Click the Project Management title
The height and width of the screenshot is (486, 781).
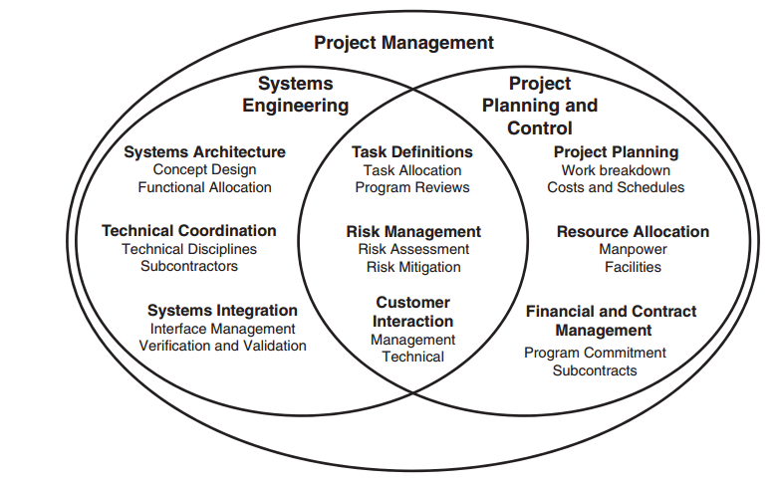(x=403, y=43)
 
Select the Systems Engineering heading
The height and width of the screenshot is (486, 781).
(x=295, y=95)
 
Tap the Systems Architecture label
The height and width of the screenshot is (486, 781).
(x=205, y=151)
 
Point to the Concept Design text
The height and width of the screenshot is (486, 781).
(x=205, y=169)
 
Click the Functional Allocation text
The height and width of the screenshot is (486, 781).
(x=205, y=187)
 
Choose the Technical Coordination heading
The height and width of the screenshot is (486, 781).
(x=189, y=231)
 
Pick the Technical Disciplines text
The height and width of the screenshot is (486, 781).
(x=189, y=249)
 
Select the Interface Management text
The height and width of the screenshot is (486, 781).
(x=223, y=329)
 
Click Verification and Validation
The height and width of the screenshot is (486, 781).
(x=223, y=346)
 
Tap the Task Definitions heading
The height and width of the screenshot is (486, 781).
(x=412, y=151)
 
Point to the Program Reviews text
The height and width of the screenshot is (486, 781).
(x=412, y=187)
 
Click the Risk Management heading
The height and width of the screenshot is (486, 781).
(x=413, y=231)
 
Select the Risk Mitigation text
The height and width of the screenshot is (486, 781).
(x=413, y=267)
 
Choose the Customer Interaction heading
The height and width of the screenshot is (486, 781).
(x=412, y=312)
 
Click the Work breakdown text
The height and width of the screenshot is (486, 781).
(x=616, y=170)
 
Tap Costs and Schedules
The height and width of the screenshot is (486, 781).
(x=616, y=187)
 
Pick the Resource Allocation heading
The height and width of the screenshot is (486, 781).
(x=634, y=231)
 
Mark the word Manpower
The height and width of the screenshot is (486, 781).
(x=633, y=249)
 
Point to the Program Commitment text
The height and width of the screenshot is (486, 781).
(x=595, y=353)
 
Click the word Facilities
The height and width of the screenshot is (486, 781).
(x=634, y=267)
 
